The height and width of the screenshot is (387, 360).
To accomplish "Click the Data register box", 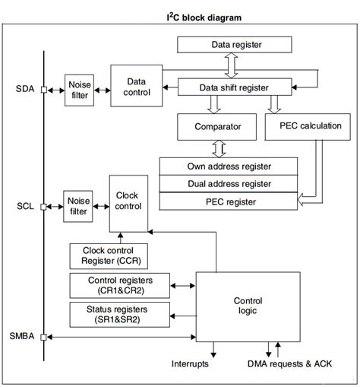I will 236,45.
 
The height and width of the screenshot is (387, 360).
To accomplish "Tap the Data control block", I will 136,86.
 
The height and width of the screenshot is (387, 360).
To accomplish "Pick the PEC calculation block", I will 308,125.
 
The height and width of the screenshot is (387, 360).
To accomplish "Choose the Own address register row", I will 229,166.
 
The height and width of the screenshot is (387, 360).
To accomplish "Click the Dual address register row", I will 229,183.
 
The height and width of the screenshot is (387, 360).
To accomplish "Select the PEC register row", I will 229,201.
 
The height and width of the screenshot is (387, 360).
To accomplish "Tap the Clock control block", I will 127,201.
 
